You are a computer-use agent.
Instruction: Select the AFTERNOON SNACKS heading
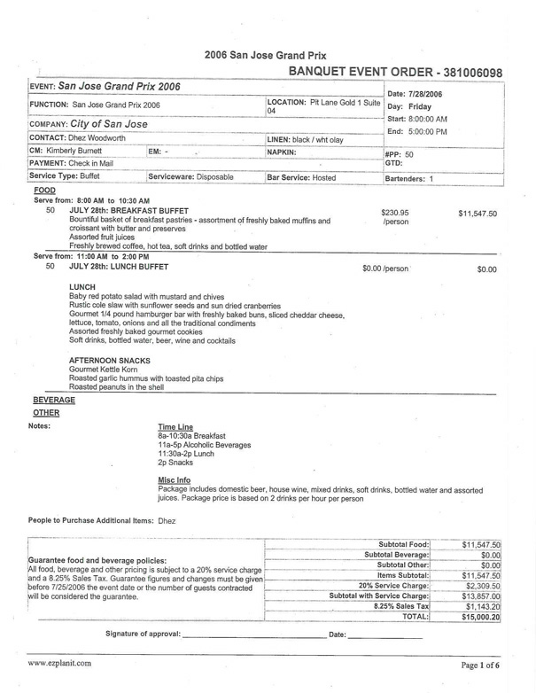click(109, 361)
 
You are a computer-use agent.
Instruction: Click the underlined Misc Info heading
click(174, 480)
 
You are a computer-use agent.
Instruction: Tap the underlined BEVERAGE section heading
click(53, 401)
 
